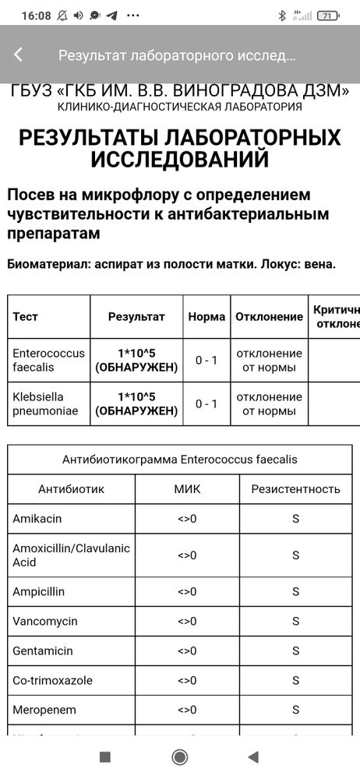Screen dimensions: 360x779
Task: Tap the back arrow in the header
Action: (19, 55)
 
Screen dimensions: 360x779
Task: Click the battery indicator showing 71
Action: (329, 15)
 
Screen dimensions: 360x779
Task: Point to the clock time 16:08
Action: (34, 15)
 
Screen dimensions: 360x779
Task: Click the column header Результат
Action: (136, 317)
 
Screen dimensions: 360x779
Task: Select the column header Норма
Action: (206, 317)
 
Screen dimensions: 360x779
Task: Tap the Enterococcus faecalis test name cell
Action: (48, 360)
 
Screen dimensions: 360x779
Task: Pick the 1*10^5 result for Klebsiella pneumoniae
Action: (136, 404)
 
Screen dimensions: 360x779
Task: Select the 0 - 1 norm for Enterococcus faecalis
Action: (206, 360)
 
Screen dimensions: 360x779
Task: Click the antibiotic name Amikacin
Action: (37, 518)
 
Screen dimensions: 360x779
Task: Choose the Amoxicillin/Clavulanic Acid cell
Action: (70, 555)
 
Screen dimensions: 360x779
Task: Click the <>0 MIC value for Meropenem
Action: (187, 710)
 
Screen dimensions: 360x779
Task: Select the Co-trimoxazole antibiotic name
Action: (52, 680)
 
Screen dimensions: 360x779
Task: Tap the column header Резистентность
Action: (295, 489)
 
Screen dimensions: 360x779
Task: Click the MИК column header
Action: (187, 489)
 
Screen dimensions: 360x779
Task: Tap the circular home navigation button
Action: (180, 756)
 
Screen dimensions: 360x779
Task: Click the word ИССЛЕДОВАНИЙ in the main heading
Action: (180, 160)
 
